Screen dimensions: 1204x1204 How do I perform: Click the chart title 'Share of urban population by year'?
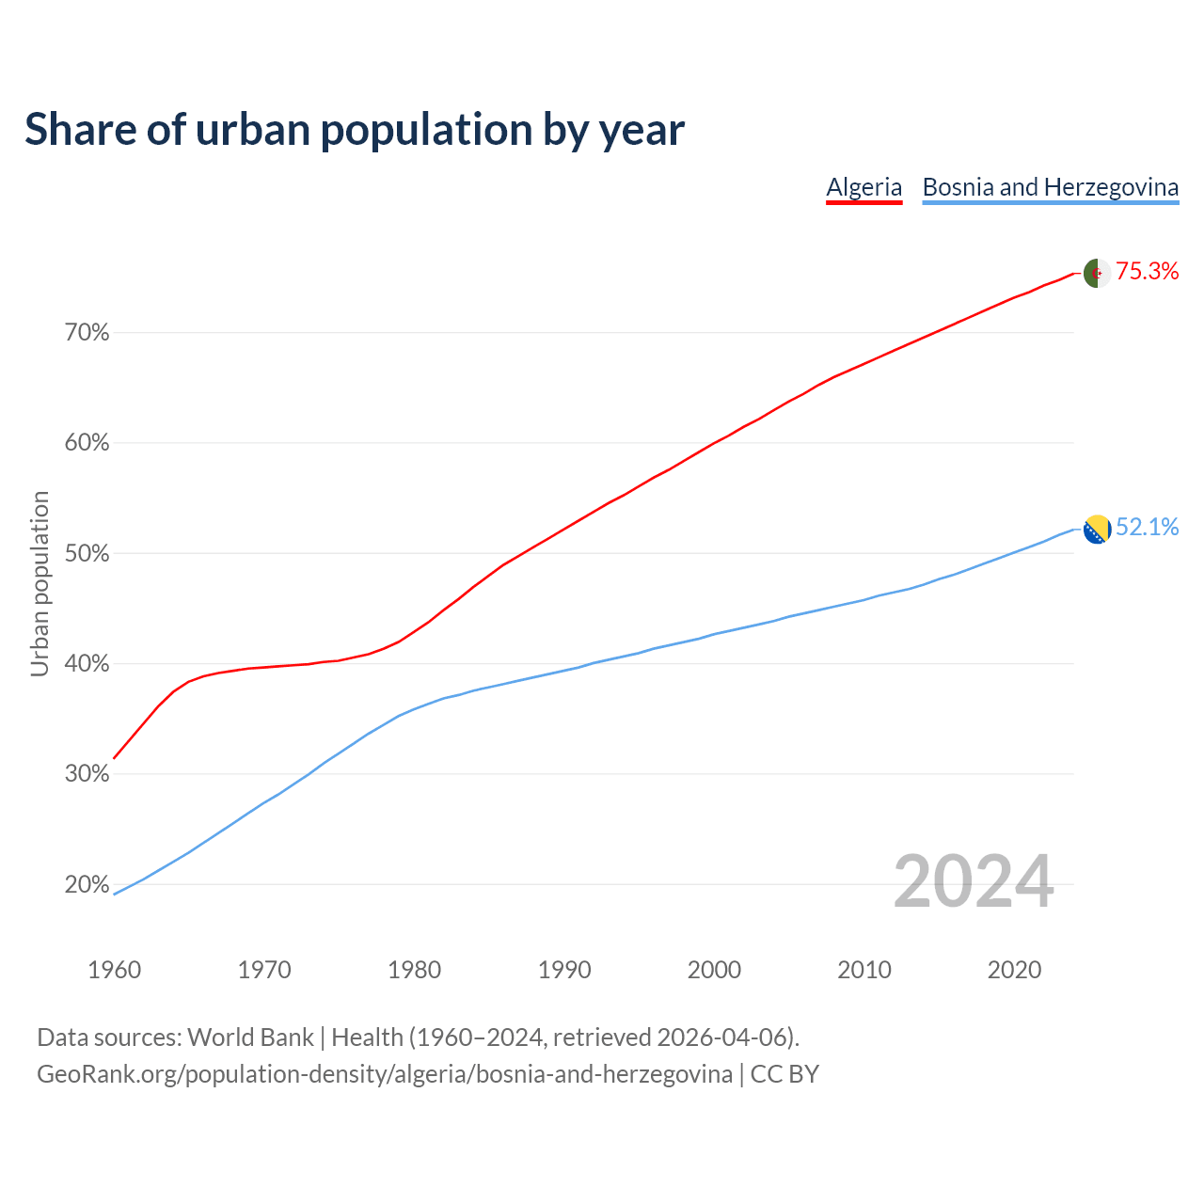pos(355,130)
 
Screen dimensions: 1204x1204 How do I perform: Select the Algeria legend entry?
pos(863,187)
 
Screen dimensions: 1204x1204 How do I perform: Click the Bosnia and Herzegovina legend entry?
pos(1050,187)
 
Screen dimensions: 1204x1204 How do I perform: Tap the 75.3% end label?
pos(1147,272)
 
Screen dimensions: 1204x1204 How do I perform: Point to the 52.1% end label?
pos(1147,528)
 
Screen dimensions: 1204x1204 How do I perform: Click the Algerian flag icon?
pos(1097,273)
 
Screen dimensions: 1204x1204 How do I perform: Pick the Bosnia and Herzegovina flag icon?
pos(1097,530)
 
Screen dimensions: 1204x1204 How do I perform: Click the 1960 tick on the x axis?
pos(115,970)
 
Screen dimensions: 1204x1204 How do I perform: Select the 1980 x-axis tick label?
pos(415,970)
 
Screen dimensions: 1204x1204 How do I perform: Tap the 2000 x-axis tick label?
pos(715,970)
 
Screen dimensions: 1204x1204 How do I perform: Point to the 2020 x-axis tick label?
pos(1014,970)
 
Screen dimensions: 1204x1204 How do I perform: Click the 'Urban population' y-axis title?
pos(40,583)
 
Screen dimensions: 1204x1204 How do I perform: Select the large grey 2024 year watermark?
pos(973,882)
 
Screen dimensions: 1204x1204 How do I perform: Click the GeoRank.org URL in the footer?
pos(385,1074)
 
